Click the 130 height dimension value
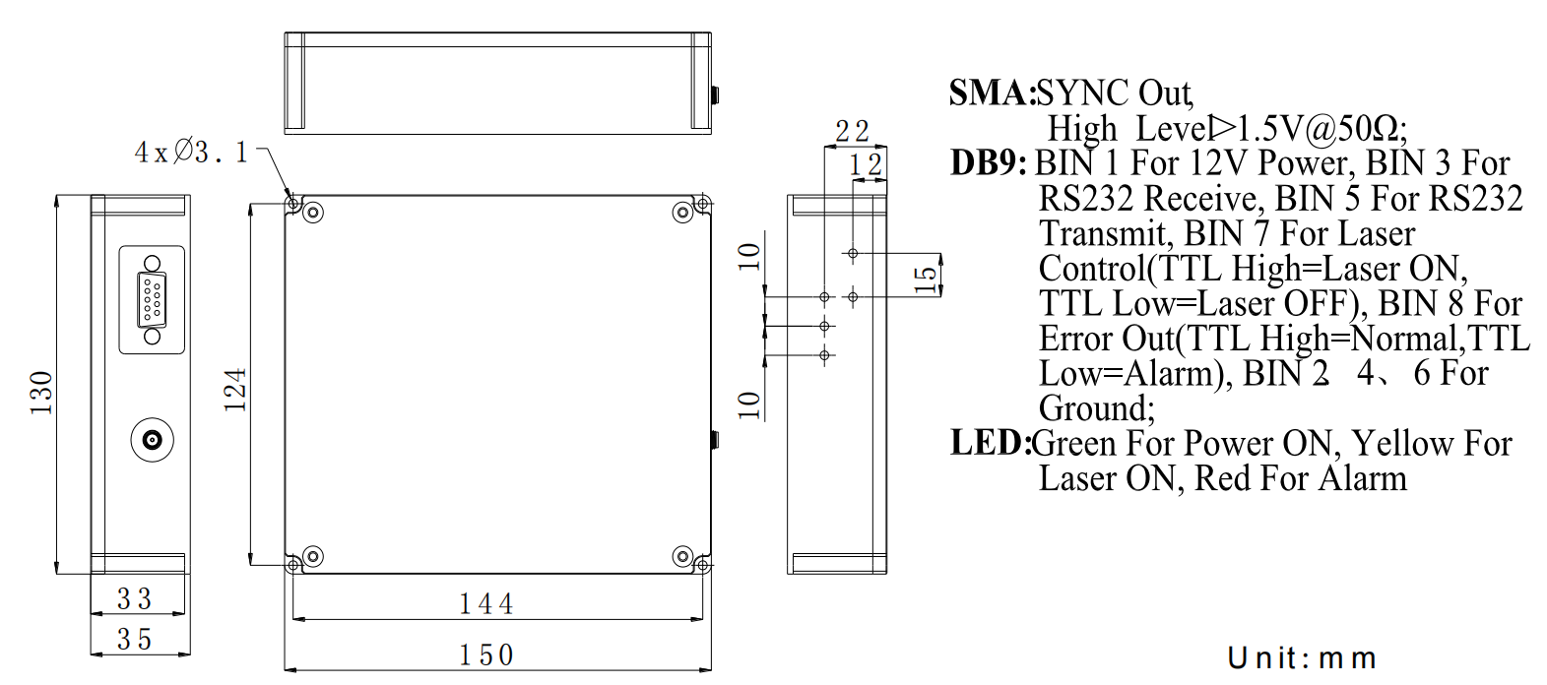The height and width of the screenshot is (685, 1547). (40, 392)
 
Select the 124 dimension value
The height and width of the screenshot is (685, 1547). (234, 389)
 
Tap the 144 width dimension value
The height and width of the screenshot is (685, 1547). (486, 603)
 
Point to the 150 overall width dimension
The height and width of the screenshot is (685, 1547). (486, 654)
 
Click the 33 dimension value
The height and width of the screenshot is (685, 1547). (135, 598)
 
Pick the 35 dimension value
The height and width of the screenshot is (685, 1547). (135, 640)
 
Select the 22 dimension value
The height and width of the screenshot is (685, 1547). (852, 131)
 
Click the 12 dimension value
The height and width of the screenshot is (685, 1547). (867, 163)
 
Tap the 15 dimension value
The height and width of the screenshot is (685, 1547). (925, 279)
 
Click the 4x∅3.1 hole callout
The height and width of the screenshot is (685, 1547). (191, 153)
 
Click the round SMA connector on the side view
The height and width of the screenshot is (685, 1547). (153, 439)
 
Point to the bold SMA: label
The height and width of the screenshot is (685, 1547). (992, 93)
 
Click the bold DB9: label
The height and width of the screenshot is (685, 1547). (989, 162)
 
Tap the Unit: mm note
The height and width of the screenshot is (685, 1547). (1301, 657)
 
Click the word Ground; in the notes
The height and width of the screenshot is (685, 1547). (1097, 408)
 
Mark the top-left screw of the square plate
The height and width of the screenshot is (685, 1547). (313, 212)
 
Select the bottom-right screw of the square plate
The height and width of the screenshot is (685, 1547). (682, 556)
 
